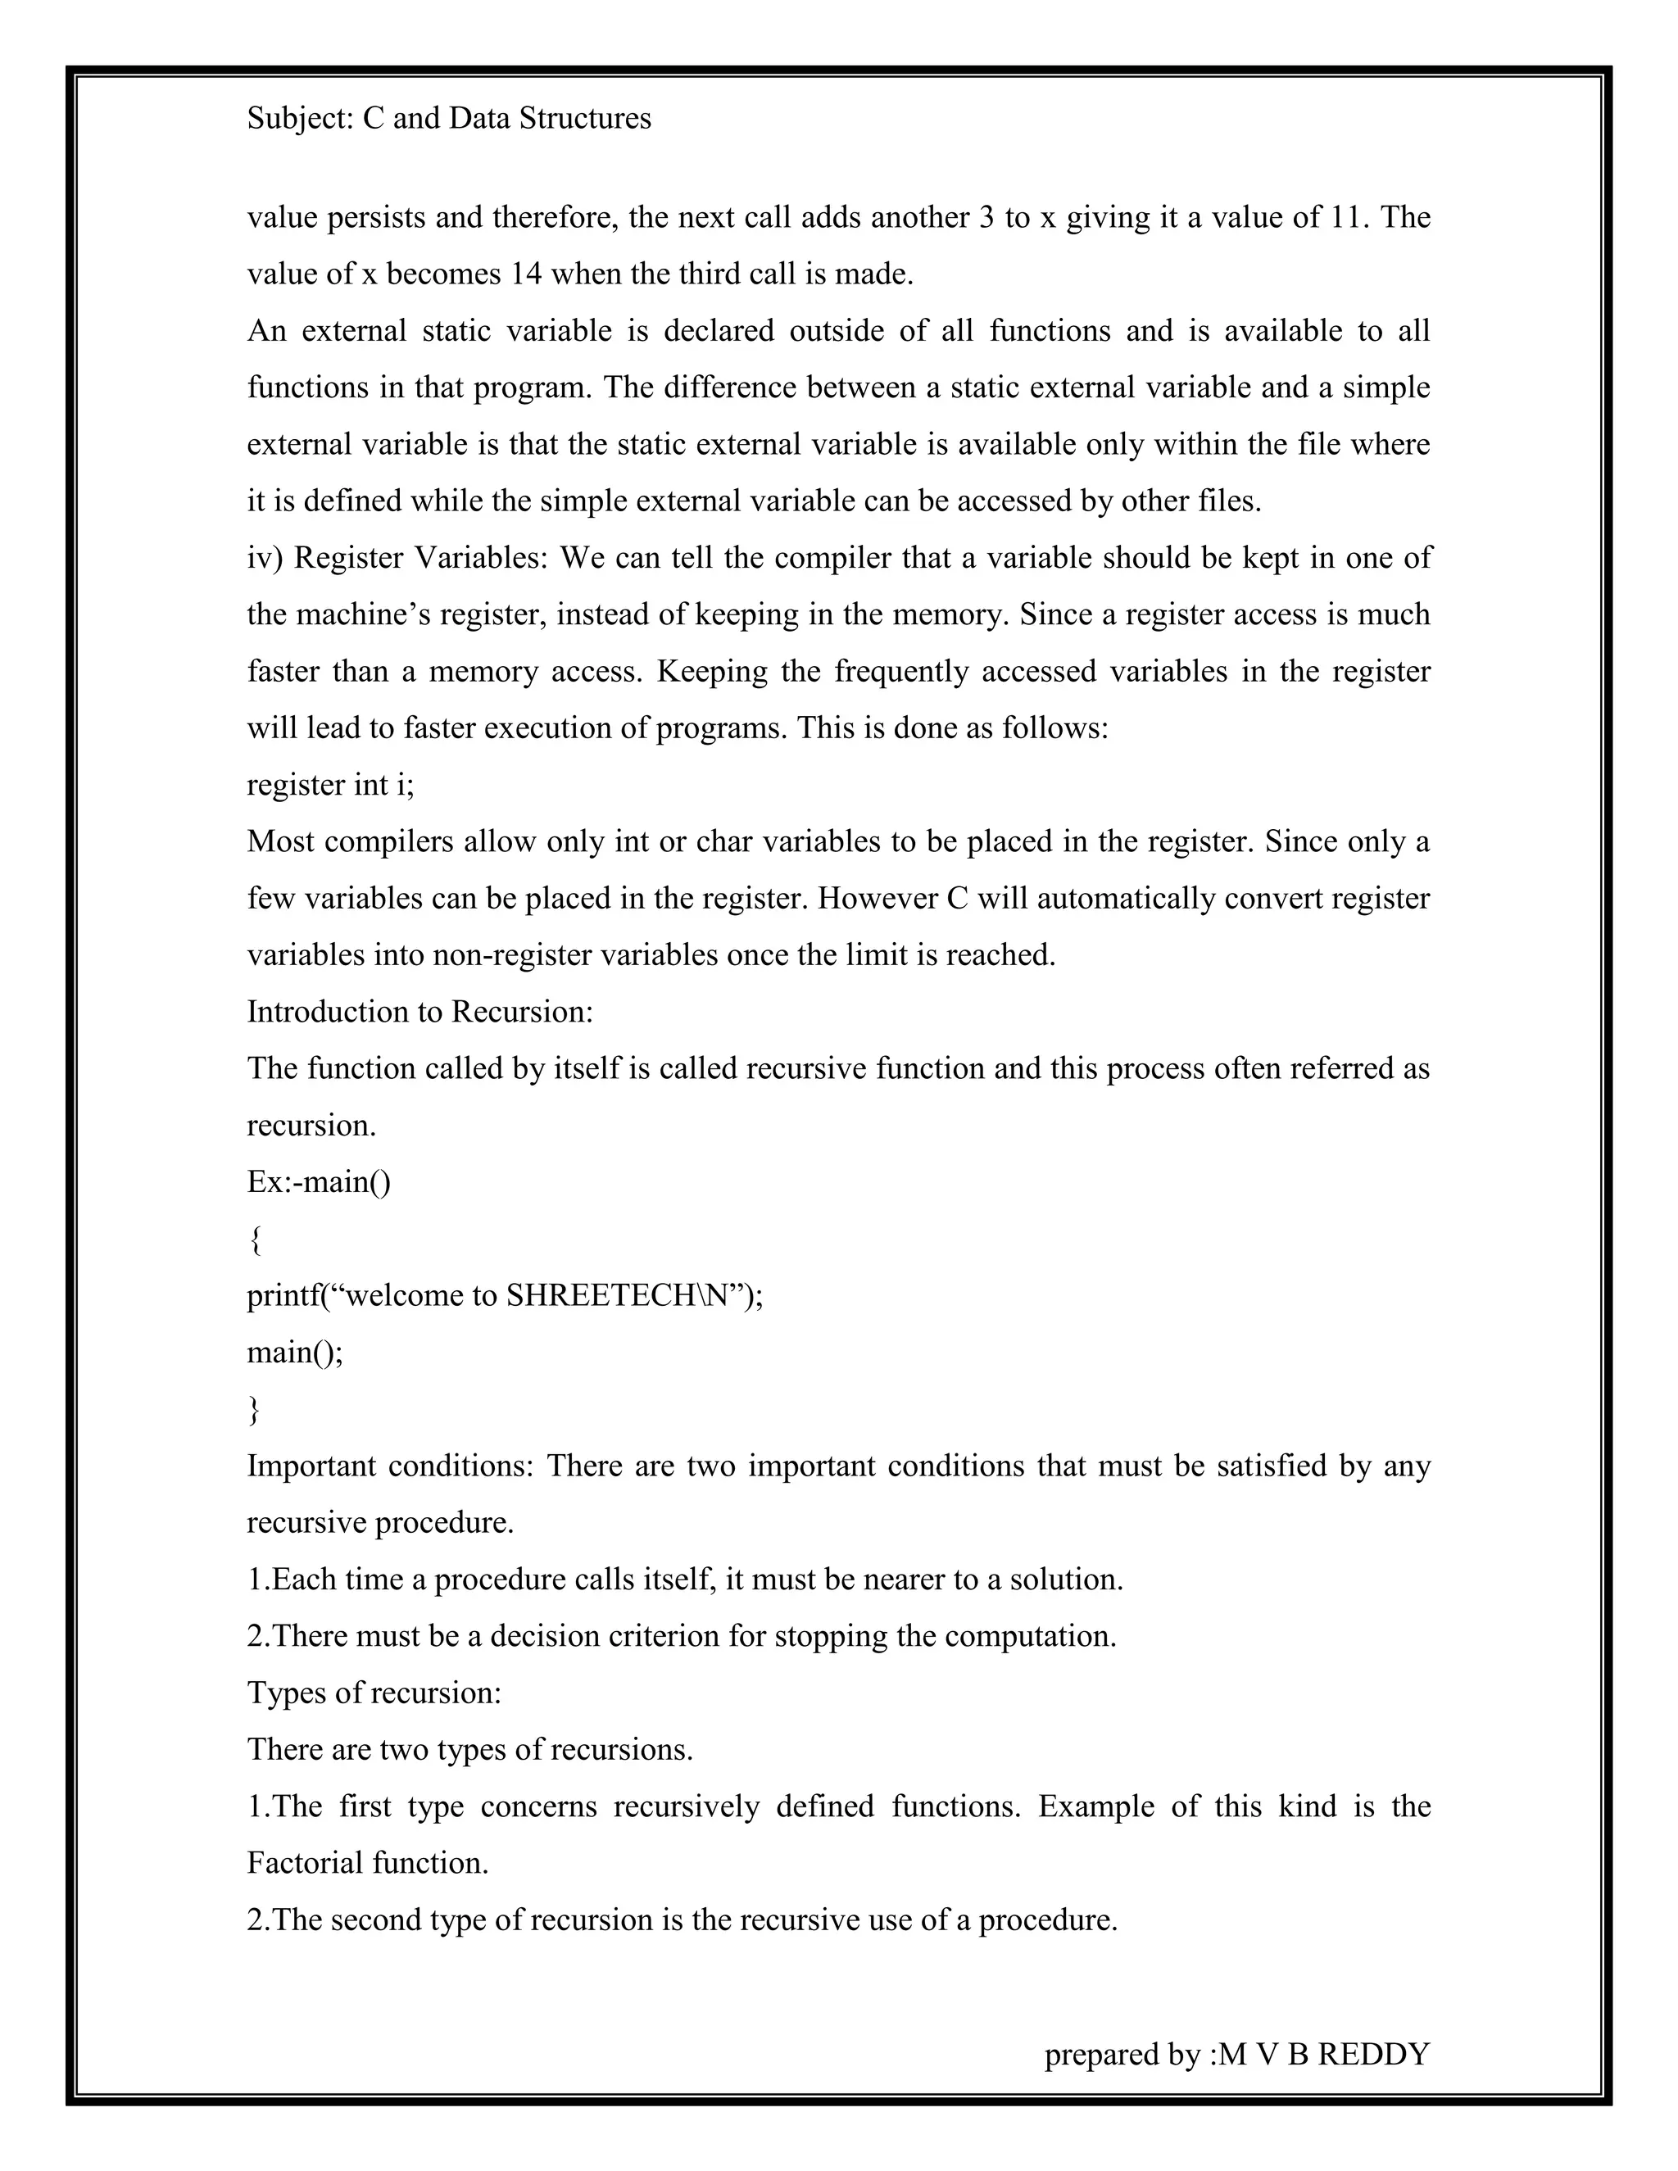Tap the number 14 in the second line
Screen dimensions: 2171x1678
tap(526, 274)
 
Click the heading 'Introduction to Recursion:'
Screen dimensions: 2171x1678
tap(419, 1011)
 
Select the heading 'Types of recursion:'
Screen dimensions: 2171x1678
tap(374, 1692)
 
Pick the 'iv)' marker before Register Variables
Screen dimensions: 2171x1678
tap(265, 558)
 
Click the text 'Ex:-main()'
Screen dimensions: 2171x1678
tap(318, 1182)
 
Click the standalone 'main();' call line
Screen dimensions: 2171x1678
tap(294, 1352)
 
